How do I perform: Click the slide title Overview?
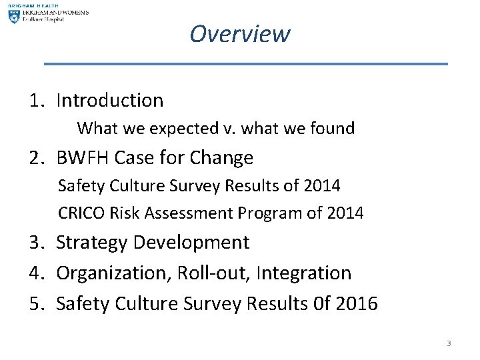coord(239,33)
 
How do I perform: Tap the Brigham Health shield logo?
coord(14,16)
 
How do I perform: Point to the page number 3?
coord(449,343)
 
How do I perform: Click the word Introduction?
coord(110,101)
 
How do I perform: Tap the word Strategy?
coord(93,243)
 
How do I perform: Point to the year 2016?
coord(356,304)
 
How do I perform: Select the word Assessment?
coord(190,213)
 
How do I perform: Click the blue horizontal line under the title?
coord(245,64)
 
